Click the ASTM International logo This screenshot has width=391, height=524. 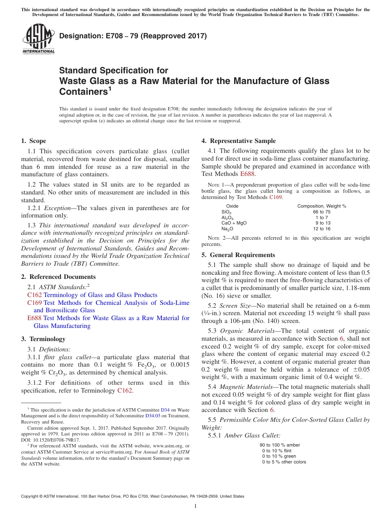[x=38, y=39]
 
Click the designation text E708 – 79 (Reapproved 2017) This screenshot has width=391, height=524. [x=133, y=36]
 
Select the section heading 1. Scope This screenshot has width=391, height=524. [x=33, y=141]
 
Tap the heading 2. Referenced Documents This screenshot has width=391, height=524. [x=58, y=277]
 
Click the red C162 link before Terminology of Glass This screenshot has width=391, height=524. [x=34, y=295]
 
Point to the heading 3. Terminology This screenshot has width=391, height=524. [x=43, y=339]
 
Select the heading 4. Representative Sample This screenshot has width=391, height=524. [x=238, y=141]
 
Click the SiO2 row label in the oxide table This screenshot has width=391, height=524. [x=227, y=212]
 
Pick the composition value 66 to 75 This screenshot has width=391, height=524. [x=321, y=212]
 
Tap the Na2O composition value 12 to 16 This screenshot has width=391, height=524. [x=321, y=229]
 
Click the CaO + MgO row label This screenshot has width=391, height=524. [x=234, y=223]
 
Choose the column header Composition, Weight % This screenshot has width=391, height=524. [x=321, y=206]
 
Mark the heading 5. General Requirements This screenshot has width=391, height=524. [x=238, y=255]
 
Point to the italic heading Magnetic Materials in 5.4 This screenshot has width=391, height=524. [x=245, y=387]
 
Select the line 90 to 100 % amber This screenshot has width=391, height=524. [x=279, y=445]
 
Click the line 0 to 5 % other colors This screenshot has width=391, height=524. [x=284, y=462]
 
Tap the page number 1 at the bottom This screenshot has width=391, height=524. [x=195, y=506]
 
